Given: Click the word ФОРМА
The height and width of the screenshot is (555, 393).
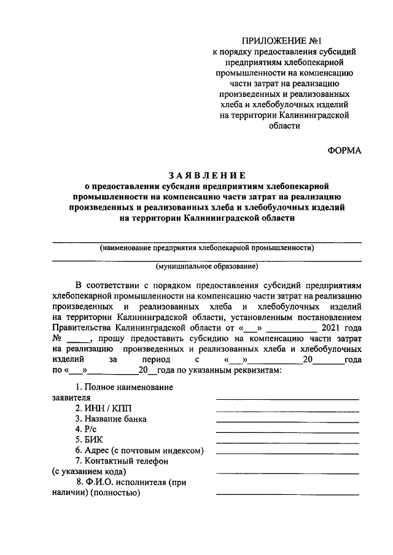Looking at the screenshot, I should click(x=344, y=150).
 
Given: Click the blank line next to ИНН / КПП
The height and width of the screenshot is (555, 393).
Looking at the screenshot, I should click(x=287, y=410).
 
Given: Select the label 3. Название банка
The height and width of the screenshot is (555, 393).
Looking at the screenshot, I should click(x=111, y=419).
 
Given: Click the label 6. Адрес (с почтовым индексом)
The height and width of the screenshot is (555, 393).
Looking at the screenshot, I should click(x=139, y=450).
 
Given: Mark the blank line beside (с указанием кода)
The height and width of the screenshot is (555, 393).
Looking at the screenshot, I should click(x=287, y=473).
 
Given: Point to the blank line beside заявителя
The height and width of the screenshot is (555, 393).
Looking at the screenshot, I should click(x=287, y=399).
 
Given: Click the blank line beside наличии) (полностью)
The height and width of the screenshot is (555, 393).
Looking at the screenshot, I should click(x=287, y=494).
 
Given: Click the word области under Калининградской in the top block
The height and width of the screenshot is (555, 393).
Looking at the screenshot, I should click(x=284, y=126).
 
